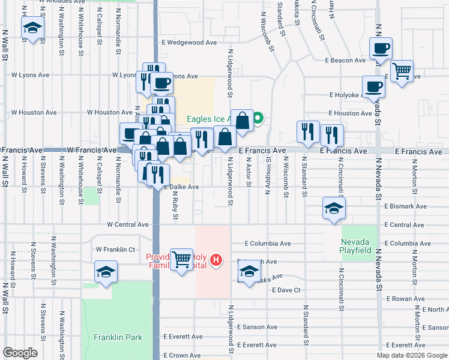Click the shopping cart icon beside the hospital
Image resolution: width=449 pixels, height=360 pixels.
(181, 260)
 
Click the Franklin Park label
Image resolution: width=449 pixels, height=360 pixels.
(118, 337)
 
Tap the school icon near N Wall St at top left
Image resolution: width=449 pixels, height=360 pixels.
(32, 27)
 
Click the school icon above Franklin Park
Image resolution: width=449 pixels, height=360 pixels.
(106, 271)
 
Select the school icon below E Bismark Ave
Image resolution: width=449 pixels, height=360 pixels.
(334, 208)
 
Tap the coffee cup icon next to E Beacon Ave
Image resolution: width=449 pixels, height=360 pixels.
(379, 48)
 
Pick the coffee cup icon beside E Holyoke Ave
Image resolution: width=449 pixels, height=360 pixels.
(373, 86)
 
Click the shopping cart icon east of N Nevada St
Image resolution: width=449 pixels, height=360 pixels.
(402, 71)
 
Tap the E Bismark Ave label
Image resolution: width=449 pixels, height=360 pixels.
(405, 206)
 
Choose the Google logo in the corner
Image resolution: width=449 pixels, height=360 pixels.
(20, 353)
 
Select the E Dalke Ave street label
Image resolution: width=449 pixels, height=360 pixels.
(181, 187)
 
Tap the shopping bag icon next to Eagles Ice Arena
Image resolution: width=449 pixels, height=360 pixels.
(243, 121)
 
